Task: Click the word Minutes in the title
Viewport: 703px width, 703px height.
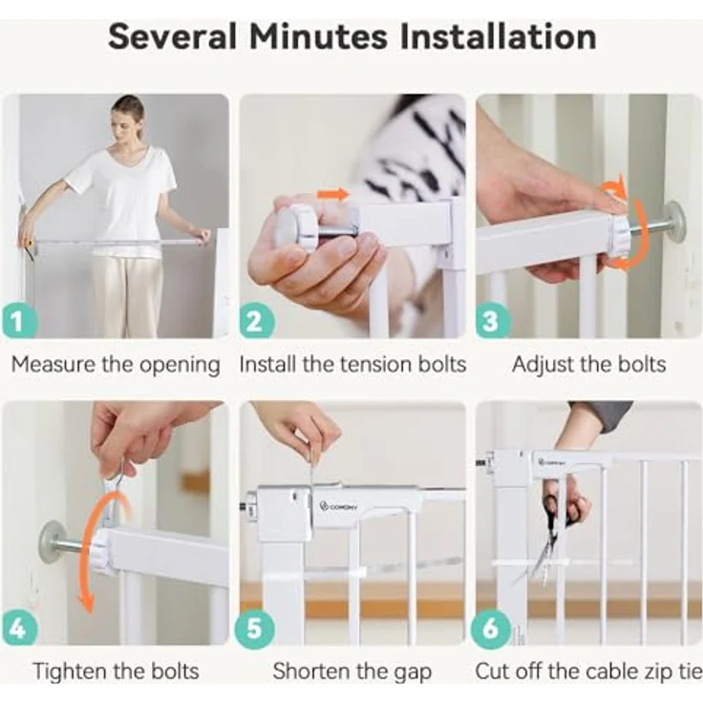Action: pyautogui.click(x=318, y=36)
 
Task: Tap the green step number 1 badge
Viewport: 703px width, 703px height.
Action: pyautogui.click(x=18, y=321)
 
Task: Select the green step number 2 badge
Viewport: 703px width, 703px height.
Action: pyautogui.click(x=256, y=321)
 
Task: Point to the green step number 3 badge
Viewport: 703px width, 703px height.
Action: pyautogui.click(x=492, y=321)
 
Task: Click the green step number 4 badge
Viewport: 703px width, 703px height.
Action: pyautogui.click(x=18, y=628)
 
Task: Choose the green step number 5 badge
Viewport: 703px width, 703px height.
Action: pyautogui.click(x=254, y=628)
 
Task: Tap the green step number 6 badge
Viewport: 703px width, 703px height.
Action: pyautogui.click(x=491, y=628)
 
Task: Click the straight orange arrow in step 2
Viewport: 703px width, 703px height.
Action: pyautogui.click(x=332, y=195)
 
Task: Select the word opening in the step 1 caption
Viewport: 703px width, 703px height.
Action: pyautogui.click(x=180, y=365)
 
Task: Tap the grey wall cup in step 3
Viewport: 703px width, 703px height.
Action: pyautogui.click(x=675, y=219)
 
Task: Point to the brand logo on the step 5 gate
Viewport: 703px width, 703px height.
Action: pyautogui.click(x=337, y=506)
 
